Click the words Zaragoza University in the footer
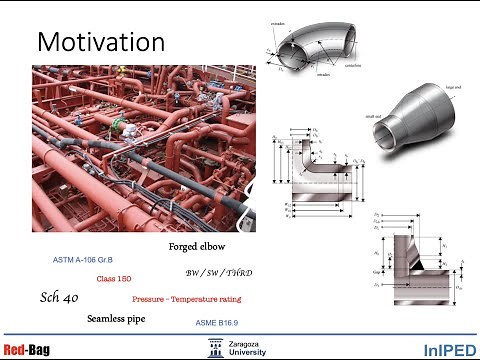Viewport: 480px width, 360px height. pyautogui.click(x=246, y=347)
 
